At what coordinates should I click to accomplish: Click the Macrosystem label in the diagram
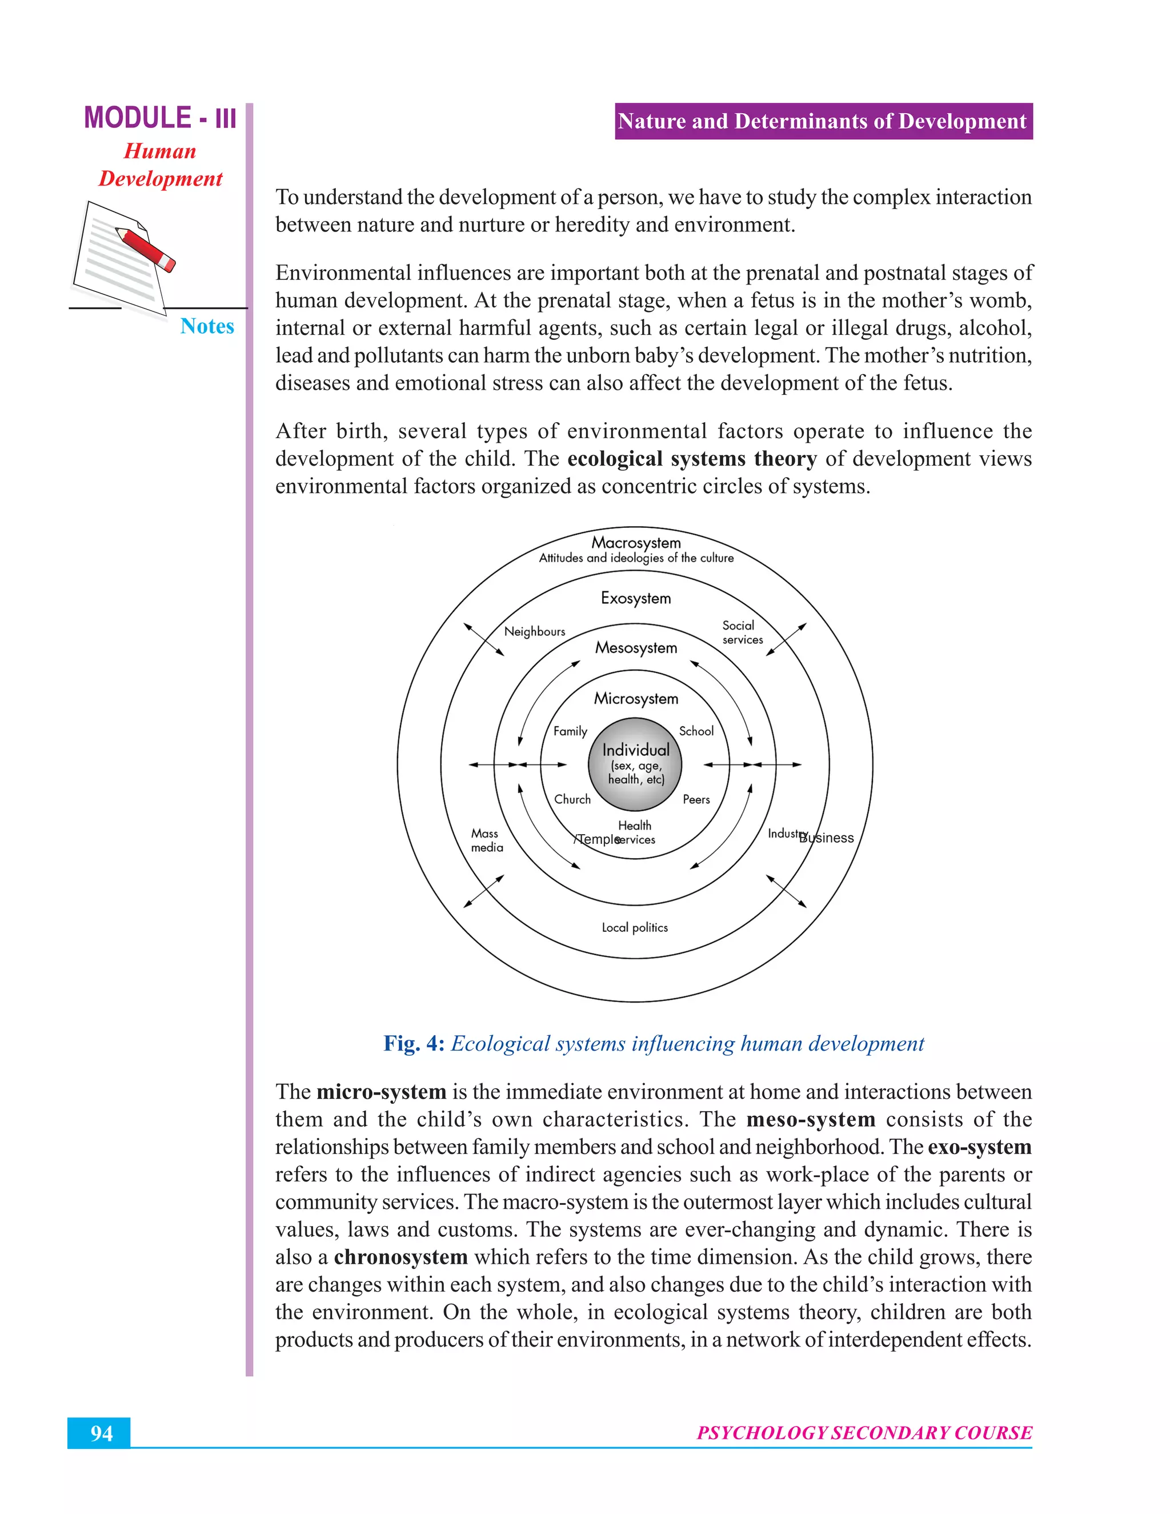636,543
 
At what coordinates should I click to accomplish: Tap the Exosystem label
636,598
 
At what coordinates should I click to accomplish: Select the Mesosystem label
636,647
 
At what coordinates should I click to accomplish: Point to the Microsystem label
636,698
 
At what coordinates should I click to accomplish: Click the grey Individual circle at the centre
635,764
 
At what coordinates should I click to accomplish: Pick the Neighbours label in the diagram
534,631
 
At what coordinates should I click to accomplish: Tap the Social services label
742,632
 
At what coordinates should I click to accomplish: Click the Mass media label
487,840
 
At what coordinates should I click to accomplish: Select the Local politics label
634,927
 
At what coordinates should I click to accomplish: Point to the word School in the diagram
696,731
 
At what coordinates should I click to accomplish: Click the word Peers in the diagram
696,799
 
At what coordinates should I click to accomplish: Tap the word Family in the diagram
570,731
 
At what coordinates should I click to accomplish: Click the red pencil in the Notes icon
146,248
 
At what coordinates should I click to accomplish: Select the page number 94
101,1433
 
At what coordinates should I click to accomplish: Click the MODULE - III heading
160,118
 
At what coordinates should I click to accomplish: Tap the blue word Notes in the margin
207,326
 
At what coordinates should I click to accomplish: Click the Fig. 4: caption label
414,1043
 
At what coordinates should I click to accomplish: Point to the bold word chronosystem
400,1257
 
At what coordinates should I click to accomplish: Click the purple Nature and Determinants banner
823,121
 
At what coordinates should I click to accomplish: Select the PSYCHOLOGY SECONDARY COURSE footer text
864,1433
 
